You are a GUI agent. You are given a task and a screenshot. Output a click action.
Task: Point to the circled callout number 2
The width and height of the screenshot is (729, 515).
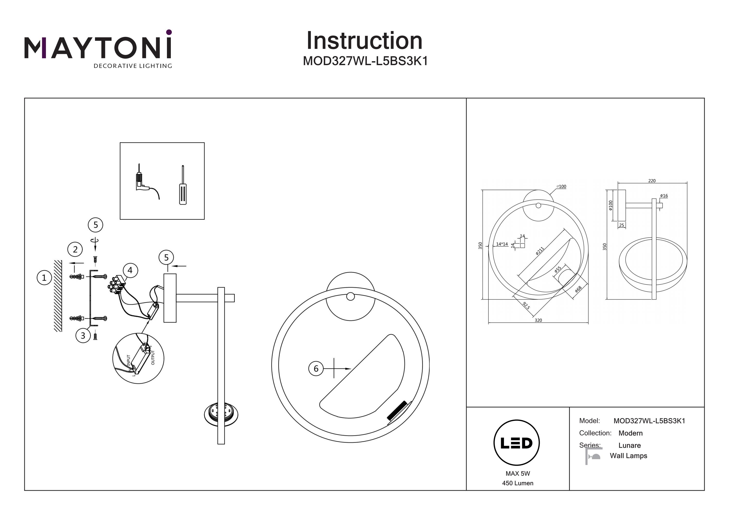(x=75, y=249)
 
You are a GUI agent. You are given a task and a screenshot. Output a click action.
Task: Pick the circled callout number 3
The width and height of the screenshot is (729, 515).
(x=83, y=335)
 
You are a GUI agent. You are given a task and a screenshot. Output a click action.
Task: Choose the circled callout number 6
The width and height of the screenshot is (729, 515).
(x=316, y=368)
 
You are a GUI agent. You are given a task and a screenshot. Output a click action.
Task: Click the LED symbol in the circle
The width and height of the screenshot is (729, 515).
(x=517, y=443)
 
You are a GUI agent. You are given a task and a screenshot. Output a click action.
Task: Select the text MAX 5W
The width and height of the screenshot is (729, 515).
(x=518, y=474)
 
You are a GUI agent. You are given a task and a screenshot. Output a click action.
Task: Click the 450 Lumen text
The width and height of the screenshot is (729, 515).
(x=518, y=483)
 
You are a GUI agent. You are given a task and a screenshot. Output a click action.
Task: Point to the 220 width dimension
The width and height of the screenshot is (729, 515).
(x=652, y=181)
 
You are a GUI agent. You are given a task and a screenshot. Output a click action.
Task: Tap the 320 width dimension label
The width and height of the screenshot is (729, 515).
(x=538, y=321)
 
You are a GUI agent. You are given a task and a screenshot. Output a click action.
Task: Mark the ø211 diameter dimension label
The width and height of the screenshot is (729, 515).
(x=540, y=251)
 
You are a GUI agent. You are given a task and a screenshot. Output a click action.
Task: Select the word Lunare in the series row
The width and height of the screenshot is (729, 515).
(x=630, y=446)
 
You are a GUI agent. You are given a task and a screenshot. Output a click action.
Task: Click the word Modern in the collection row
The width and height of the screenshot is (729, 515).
(x=631, y=433)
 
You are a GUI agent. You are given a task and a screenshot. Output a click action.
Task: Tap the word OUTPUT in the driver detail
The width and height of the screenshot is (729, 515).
(x=153, y=358)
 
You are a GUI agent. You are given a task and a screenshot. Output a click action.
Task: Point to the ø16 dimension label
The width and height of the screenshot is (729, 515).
(x=664, y=196)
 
